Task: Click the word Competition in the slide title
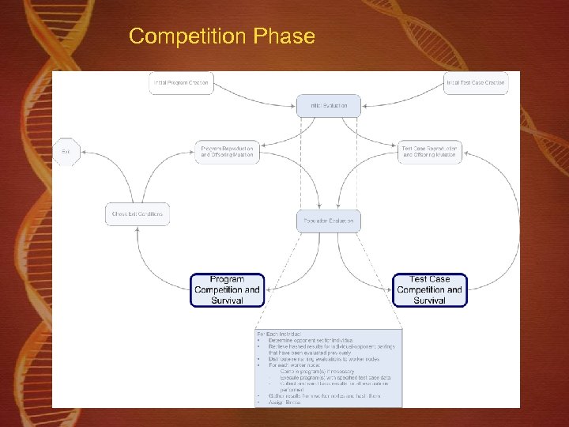click(186, 36)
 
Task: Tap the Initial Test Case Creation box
click(475, 82)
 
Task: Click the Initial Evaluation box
click(328, 105)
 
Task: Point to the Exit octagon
click(66, 150)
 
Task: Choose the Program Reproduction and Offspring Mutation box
click(226, 152)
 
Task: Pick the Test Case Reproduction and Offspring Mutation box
click(429, 152)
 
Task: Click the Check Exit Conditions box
click(138, 214)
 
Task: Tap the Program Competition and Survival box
click(227, 290)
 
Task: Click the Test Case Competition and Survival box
click(429, 290)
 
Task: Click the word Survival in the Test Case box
click(429, 300)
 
